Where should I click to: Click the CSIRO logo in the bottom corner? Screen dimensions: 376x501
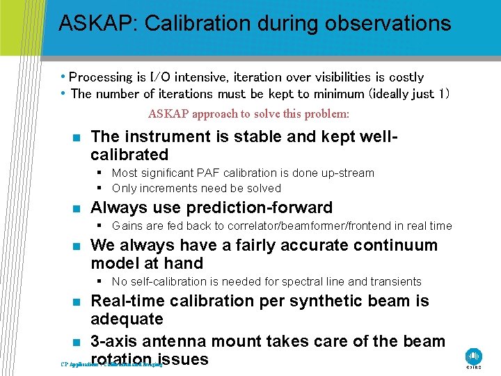[x=474, y=357]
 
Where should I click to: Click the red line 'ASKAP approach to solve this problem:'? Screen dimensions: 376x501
[x=248, y=113]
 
